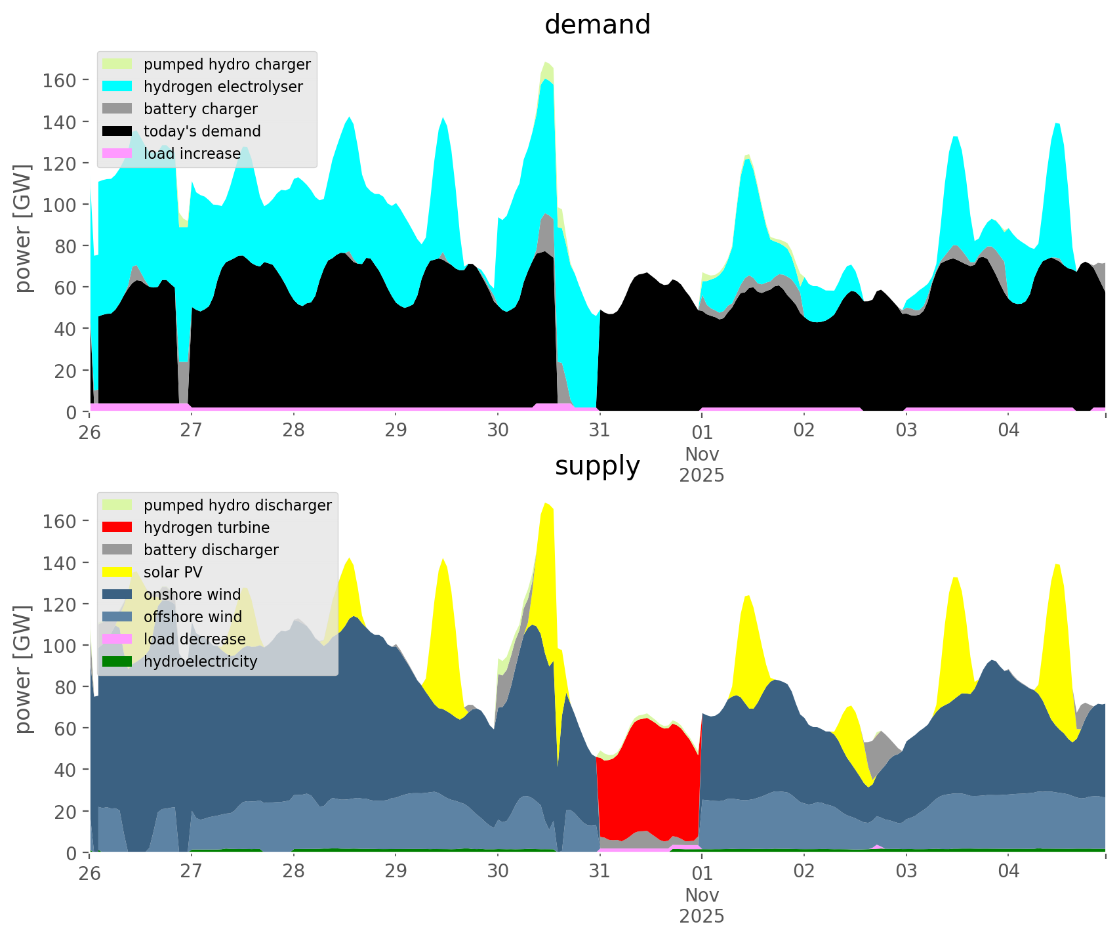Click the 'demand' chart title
point(597,25)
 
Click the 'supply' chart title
point(597,466)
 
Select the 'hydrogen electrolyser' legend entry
point(223,87)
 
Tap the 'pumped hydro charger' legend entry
point(227,64)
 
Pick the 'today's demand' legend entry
point(202,131)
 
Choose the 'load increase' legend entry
point(192,154)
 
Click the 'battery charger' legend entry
point(200,109)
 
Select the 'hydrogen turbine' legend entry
point(207,528)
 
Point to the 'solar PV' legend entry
point(173,572)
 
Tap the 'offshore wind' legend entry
point(193,617)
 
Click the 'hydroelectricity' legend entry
point(200,661)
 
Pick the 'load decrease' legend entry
point(194,639)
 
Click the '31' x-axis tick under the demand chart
point(600,430)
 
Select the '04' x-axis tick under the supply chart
point(1008,871)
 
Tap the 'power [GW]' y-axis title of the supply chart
point(24,669)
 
